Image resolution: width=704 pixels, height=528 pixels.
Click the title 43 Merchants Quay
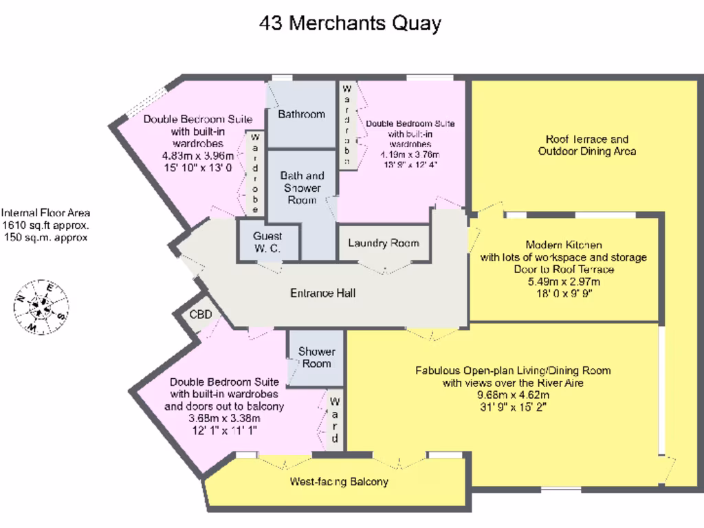(350, 23)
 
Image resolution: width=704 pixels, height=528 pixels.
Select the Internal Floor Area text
(45, 225)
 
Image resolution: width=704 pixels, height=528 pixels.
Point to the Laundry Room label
(383, 243)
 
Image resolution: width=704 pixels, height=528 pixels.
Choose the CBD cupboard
(201, 315)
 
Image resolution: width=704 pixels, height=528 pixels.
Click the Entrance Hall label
(322, 293)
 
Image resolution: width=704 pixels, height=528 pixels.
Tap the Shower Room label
(316, 357)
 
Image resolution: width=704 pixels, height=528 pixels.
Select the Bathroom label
(301, 114)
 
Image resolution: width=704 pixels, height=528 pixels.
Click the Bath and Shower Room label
(302, 188)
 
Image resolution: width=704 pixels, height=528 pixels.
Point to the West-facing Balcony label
(339, 481)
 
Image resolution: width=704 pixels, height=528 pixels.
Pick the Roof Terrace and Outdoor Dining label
(586, 145)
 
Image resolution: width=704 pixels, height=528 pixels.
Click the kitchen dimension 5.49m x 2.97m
(563, 281)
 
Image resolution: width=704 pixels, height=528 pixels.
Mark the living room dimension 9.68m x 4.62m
(513, 395)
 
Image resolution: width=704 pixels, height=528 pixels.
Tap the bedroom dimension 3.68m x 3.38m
(224, 418)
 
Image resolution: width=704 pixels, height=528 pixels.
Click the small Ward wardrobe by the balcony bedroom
(335, 419)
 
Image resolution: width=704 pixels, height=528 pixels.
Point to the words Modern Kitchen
(564, 245)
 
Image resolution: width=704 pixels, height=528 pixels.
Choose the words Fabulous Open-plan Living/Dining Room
(513, 371)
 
